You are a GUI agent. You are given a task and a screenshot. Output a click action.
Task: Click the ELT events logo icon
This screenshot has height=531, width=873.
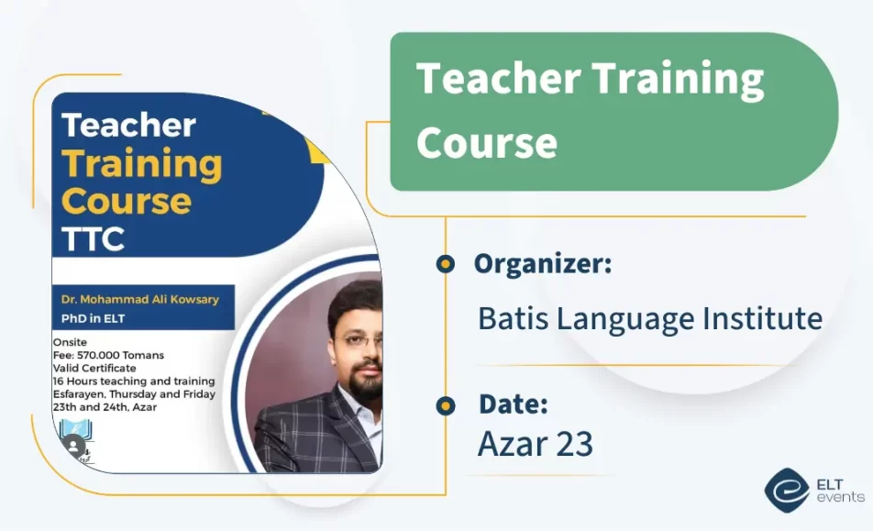tap(786, 490)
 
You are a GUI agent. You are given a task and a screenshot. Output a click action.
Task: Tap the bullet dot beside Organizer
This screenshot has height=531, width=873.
tap(446, 264)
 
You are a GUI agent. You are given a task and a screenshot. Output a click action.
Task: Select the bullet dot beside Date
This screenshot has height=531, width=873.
tap(446, 405)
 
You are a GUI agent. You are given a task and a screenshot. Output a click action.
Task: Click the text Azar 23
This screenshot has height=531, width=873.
tap(536, 444)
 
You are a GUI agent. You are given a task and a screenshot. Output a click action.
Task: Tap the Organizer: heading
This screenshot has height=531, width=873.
tap(543, 263)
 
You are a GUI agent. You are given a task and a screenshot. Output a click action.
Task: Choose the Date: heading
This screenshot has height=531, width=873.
tap(514, 404)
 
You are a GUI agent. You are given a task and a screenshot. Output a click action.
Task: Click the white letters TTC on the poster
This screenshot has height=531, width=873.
tap(93, 239)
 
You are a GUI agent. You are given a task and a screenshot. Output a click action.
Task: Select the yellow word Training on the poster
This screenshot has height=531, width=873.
tap(142, 165)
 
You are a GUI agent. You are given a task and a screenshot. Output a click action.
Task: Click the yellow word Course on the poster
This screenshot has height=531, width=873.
tap(127, 201)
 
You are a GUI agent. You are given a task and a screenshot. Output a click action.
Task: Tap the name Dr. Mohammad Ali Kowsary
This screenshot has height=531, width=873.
tap(140, 300)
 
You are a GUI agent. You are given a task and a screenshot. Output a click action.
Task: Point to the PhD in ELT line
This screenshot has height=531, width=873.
tap(93, 319)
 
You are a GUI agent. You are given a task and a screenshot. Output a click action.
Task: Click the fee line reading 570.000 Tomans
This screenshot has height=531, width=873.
tap(108, 355)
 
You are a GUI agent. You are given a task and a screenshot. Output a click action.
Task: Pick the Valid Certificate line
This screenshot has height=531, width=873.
tap(94, 368)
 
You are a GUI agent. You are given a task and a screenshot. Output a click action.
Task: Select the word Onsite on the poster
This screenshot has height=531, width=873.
tap(70, 342)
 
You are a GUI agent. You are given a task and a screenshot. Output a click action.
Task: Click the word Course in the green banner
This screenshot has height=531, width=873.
tap(487, 142)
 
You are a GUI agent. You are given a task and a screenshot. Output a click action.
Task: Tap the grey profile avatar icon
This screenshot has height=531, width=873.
tap(74, 446)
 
